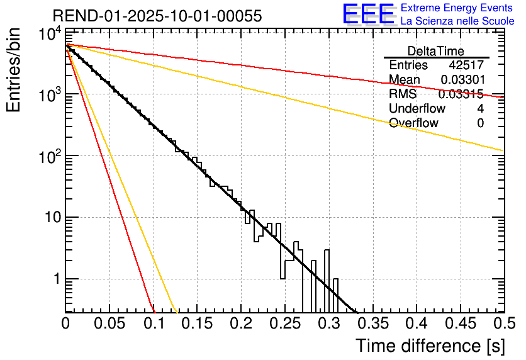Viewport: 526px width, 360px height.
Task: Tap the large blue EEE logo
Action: click(368, 14)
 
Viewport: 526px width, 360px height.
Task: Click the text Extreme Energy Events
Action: click(457, 8)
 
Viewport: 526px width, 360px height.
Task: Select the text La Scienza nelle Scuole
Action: click(457, 21)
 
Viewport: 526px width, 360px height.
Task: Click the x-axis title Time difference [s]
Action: click(429, 346)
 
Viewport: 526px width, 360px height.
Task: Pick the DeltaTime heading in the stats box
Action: click(436, 51)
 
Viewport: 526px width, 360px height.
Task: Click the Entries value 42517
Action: click(466, 65)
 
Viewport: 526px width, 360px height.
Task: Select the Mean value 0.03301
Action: click(462, 80)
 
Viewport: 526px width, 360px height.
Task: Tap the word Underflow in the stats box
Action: click(417, 109)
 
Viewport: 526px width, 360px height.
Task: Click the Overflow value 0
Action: click(480, 123)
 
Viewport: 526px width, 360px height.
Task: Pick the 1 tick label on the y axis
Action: click(55, 279)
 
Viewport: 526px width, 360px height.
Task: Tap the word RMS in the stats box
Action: click(403, 94)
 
